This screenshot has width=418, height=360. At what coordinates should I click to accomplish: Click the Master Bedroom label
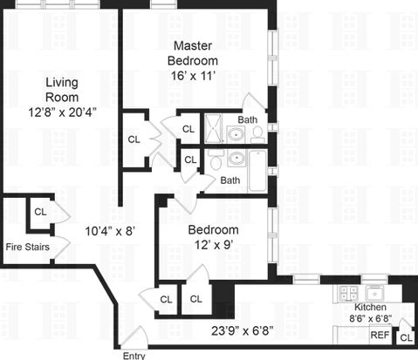193,53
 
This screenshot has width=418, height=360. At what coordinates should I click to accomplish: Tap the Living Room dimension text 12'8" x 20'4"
62,112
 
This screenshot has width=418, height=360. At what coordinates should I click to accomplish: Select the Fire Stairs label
28,247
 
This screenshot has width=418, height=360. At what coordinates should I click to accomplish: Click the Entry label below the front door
134,356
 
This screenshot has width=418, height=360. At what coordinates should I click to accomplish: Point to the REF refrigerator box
380,335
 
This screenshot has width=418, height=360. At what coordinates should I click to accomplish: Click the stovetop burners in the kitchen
348,293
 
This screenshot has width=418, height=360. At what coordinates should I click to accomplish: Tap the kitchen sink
374,294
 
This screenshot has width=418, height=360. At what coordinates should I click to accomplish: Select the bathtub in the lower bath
257,171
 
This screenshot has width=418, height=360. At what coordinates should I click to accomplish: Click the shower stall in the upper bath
213,128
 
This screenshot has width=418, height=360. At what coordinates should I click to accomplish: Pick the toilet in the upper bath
257,135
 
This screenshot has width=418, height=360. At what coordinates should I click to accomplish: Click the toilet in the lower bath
216,160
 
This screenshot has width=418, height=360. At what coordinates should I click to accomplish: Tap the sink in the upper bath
236,135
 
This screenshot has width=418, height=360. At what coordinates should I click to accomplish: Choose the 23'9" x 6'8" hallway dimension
242,330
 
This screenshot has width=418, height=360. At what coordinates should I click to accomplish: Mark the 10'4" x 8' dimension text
110,231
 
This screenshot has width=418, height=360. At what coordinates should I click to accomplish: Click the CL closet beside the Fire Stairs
40,212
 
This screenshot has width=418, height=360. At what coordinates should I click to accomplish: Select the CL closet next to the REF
406,337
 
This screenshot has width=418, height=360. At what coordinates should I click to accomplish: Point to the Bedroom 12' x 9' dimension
214,245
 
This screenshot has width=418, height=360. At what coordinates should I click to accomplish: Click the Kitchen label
370,307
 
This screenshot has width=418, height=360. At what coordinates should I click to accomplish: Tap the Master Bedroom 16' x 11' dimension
193,76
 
